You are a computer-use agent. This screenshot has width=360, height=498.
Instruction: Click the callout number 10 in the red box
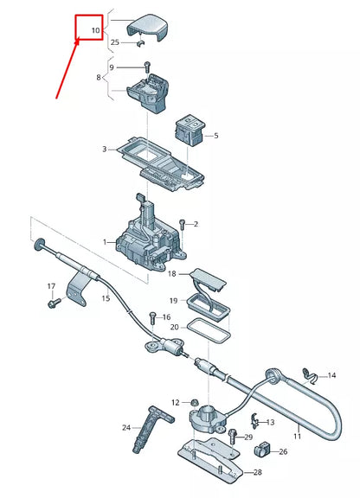point(94,31)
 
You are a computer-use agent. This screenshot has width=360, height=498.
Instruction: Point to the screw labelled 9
point(149,67)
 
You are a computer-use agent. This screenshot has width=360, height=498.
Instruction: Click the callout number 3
point(104,150)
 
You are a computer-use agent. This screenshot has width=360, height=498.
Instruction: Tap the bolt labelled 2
point(182,225)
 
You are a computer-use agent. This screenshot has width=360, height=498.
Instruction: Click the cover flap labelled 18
point(208,277)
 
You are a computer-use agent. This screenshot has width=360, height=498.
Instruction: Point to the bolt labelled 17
point(51,303)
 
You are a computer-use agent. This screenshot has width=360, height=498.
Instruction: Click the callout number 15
point(106,298)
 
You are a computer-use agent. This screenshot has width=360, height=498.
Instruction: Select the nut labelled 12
point(195,402)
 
